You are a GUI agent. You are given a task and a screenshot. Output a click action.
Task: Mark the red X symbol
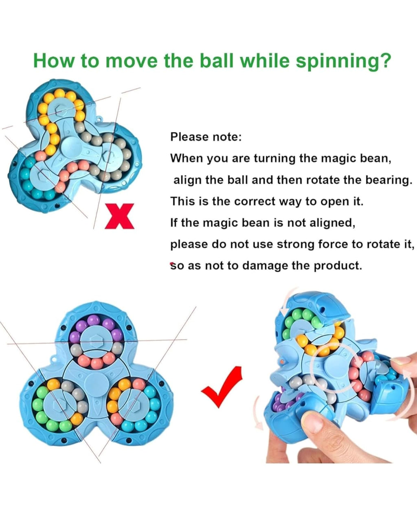pos(119,216)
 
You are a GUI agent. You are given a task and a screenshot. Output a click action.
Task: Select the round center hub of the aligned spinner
pos(94,384)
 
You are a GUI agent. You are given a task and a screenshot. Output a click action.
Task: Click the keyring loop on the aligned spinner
pos(53,359)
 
